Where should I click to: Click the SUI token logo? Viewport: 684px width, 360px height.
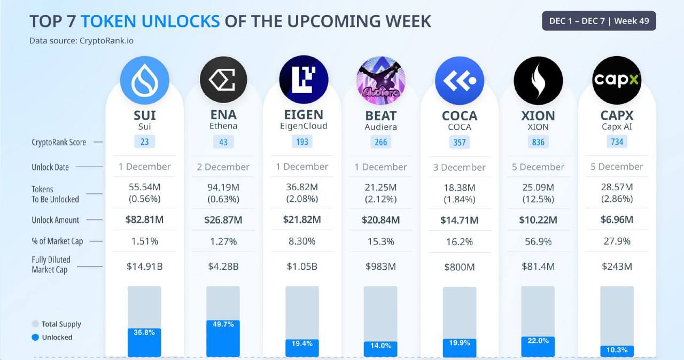(x=144, y=80)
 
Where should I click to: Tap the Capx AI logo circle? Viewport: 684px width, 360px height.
(x=617, y=80)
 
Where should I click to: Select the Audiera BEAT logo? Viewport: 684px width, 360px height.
(x=380, y=80)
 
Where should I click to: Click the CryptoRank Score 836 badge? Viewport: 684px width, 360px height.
(x=538, y=142)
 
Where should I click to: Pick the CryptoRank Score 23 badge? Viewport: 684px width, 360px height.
(x=144, y=142)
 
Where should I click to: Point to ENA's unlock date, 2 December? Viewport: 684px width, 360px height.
(x=223, y=167)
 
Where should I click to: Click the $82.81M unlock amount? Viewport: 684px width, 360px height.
(x=144, y=220)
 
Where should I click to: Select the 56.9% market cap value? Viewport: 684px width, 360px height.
(x=538, y=241)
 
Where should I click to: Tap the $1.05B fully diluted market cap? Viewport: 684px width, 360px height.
(x=302, y=266)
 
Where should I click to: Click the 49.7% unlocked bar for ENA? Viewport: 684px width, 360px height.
(x=223, y=338)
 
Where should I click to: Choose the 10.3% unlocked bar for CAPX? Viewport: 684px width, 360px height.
(x=617, y=350)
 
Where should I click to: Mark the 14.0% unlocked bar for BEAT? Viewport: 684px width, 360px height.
(x=380, y=349)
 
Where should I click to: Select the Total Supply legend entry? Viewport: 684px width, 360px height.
(x=57, y=324)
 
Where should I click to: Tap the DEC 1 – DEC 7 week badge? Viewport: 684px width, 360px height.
(x=598, y=21)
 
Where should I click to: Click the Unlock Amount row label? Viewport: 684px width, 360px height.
(x=55, y=220)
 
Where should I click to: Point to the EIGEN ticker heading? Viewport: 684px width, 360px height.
(x=302, y=115)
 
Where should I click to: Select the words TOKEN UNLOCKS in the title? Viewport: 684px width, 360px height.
(x=150, y=21)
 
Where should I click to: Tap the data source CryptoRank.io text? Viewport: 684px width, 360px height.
(x=81, y=40)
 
